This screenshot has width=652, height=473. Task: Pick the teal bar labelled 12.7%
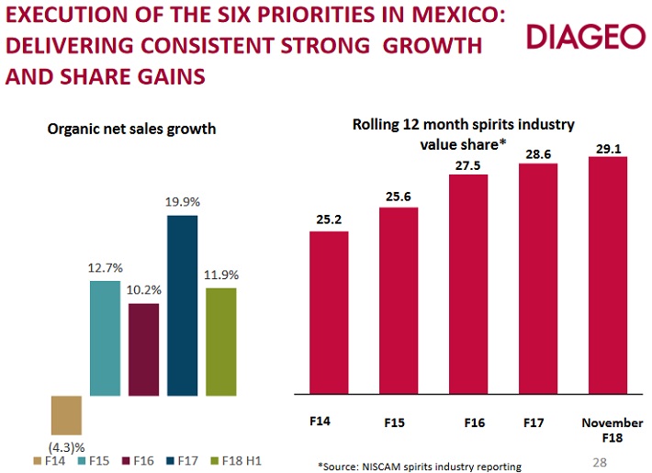105,338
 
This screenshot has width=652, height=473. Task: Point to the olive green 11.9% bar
220,342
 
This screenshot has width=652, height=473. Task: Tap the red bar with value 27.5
468,286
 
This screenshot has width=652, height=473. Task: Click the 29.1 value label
607,146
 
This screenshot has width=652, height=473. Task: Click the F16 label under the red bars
474,423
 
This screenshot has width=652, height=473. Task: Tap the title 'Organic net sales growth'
131,129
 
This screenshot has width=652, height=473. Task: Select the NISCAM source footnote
419,466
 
